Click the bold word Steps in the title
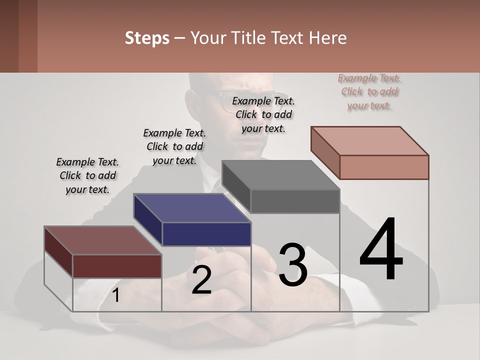(147, 38)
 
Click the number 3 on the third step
(293, 264)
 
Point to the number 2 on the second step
(201, 280)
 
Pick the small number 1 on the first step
(116, 295)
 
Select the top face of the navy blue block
(192, 207)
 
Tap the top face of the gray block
(280, 175)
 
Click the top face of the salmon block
(369, 140)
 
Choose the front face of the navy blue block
(206, 234)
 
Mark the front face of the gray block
(295, 201)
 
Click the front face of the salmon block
(384, 167)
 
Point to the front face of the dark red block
(117, 266)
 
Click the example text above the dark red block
(87, 175)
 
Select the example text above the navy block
(174, 146)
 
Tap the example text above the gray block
(263, 114)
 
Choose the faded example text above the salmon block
(369, 91)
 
